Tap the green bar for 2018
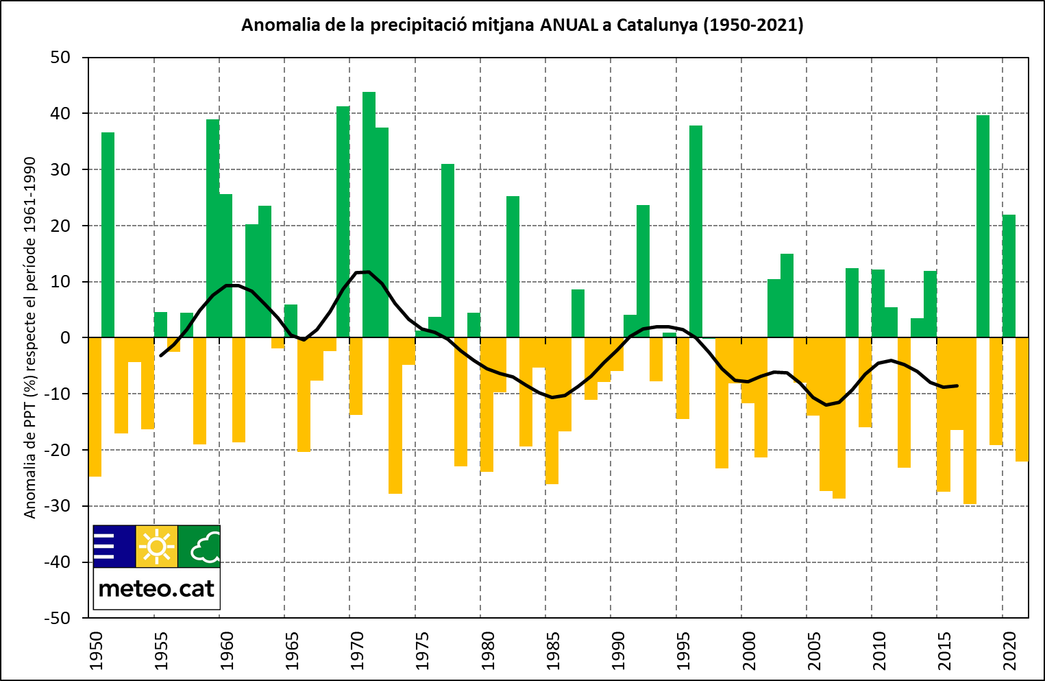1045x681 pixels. [x=983, y=226]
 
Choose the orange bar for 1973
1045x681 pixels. [x=395, y=415]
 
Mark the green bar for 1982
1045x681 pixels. [x=513, y=267]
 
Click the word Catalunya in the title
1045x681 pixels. [x=657, y=25]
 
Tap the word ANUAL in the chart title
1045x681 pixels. [x=569, y=25]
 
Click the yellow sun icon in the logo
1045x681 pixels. [x=157, y=547]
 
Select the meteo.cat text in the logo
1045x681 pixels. [x=156, y=588]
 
